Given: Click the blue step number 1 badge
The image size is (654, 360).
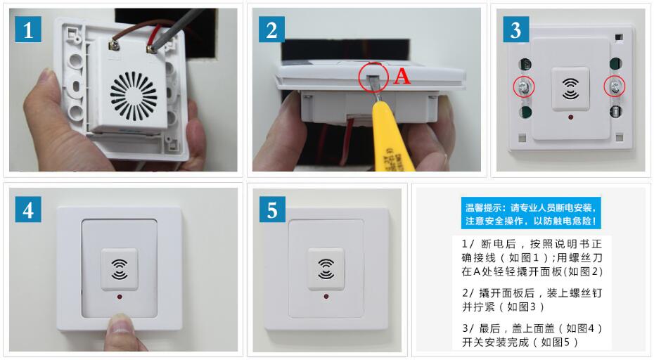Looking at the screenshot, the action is point(28,30).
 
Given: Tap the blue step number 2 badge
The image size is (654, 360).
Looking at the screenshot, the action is point(271,30).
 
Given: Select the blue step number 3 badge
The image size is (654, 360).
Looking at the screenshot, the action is point(516,30).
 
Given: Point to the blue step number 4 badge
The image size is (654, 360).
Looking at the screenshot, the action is point(28,209).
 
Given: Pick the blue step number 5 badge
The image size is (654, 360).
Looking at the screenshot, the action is point(272,209).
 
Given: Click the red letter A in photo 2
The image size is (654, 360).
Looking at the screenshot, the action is point(402,77).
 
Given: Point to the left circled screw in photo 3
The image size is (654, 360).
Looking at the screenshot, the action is point(524,88).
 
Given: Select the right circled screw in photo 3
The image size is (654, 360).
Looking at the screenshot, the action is point(615,86).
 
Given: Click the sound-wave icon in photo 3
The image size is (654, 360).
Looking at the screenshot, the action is point(570,89).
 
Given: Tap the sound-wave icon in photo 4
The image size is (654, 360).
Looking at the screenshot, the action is point(120,269).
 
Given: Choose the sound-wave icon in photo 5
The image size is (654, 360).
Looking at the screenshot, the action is point(326,269).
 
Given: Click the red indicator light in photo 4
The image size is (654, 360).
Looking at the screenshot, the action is point(120,297).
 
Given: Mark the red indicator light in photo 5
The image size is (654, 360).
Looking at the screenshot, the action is point(326,296).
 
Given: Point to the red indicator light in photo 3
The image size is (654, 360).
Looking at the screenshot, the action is point(570,117).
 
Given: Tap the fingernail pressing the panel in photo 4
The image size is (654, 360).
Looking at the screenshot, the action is point(120,322).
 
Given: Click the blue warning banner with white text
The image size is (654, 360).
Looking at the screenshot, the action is point(531,213).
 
